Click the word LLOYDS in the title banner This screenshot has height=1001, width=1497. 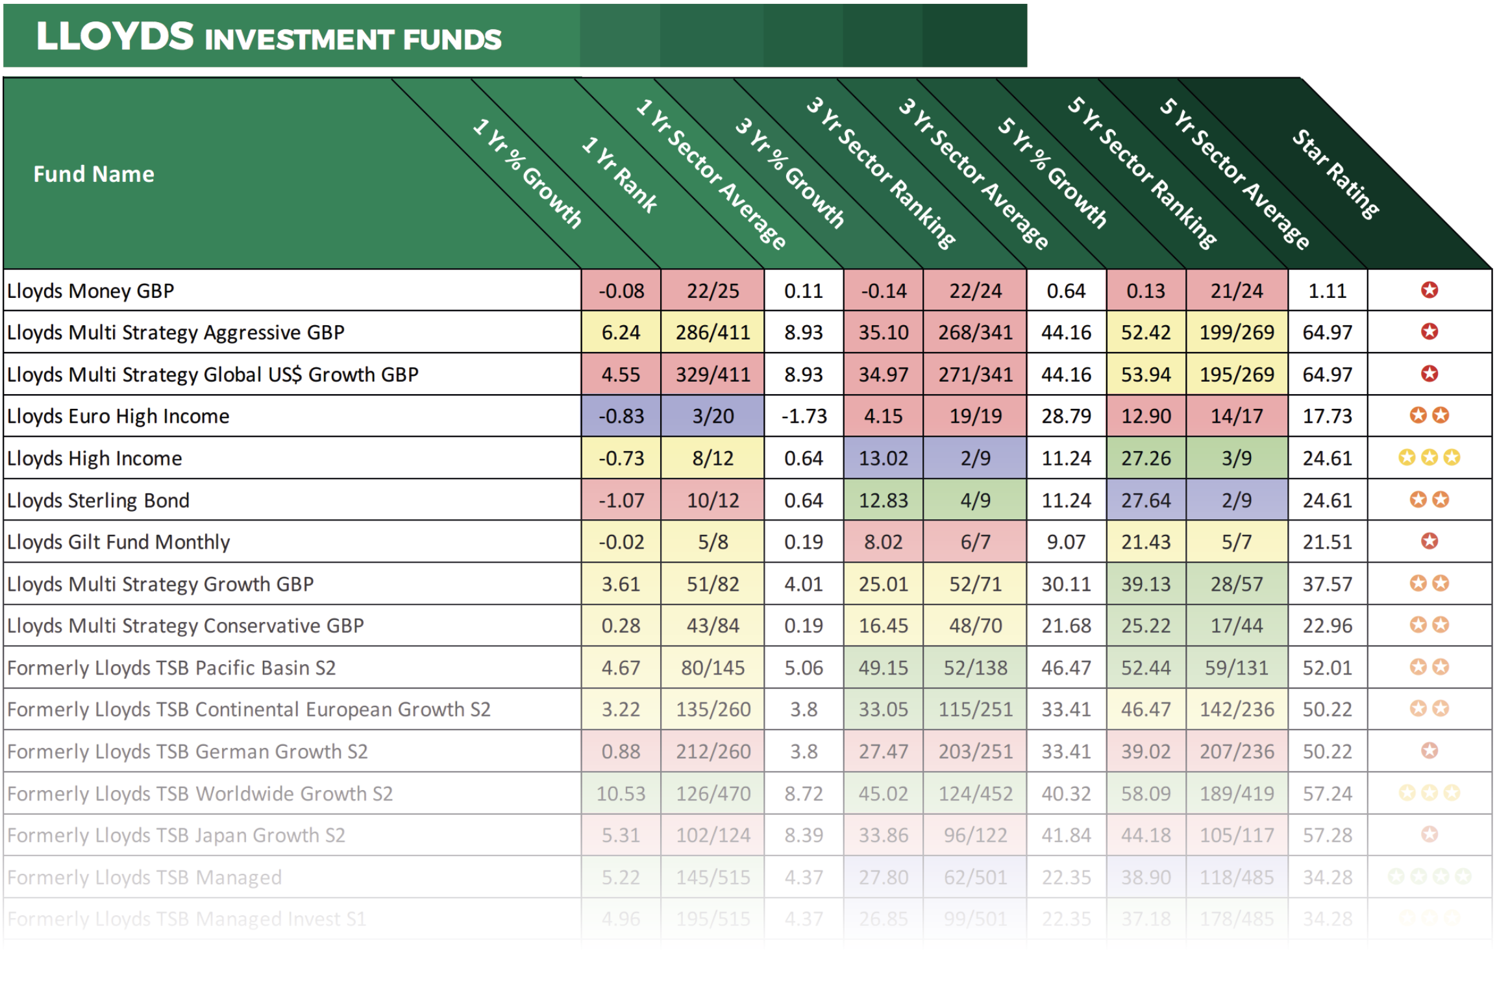click(x=115, y=36)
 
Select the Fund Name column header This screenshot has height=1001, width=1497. click(x=93, y=174)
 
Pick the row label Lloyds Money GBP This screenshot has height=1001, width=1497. click(x=90, y=291)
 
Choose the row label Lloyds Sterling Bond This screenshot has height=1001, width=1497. click(x=98, y=500)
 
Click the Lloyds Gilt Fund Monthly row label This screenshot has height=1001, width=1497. click(x=118, y=542)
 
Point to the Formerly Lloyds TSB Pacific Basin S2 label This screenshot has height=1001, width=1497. click(x=171, y=668)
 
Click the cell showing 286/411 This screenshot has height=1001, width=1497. click(x=712, y=332)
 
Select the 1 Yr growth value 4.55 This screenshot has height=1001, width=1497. click(x=620, y=375)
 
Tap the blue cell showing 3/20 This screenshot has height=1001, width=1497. click(x=712, y=416)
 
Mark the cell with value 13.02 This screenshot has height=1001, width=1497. click(x=883, y=458)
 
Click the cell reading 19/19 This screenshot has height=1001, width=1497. click(x=974, y=416)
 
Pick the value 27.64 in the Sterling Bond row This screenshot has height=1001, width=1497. click(x=1145, y=500)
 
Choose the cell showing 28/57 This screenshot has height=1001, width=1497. click(x=1236, y=584)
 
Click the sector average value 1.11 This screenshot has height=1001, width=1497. click(x=1327, y=291)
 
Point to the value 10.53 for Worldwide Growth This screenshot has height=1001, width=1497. click(x=620, y=793)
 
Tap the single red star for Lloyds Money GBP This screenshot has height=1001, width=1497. click(x=1429, y=290)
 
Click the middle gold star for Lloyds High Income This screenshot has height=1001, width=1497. click(x=1429, y=458)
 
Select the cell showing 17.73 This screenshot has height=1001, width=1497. click(x=1327, y=416)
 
